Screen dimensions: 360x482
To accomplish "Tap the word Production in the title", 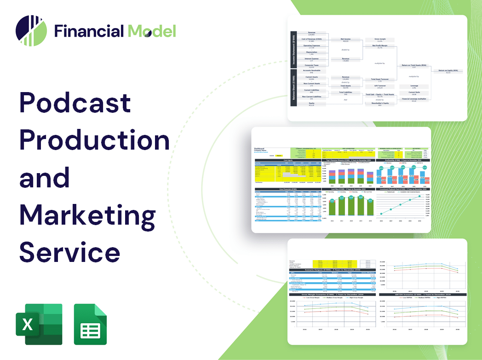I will pos(95,140).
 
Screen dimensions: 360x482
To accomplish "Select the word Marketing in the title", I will pos(87,215).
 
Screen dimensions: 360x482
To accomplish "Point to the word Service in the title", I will pos(70,252).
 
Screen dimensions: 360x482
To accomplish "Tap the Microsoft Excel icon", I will pos(39,324).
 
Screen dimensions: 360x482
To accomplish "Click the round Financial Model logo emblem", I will pos(31,31).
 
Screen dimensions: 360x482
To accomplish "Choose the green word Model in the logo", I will pos(152,31).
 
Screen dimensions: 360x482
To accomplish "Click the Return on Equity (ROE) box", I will pos(448,71).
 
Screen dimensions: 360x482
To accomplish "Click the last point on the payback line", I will pos(419,196).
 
